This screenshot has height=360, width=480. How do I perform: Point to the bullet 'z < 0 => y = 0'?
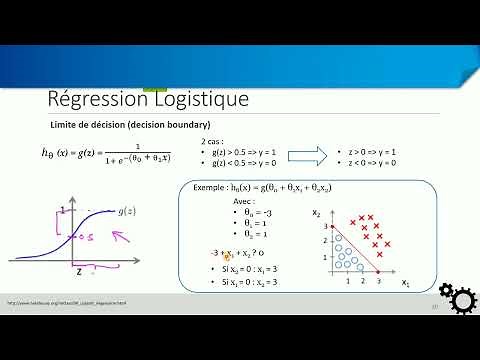click(x=370, y=162)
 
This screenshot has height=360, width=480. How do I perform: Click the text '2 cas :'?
click(x=213, y=142)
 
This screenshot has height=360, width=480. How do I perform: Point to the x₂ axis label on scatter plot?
click(x=317, y=212)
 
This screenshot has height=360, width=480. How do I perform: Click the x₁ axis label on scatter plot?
click(x=406, y=284)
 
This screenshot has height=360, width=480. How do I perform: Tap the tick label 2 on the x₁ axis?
click(x=363, y=281)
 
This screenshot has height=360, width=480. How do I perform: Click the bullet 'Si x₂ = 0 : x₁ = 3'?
click(x=243, y=269)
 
